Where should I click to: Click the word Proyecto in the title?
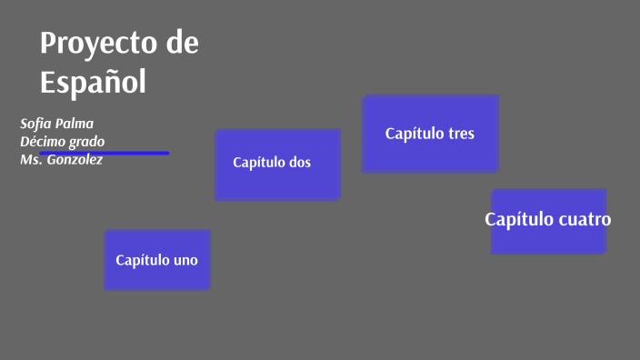[x=96, y=44]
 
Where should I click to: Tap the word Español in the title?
[x=93, y=82]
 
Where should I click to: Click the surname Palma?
[x=76, y=124]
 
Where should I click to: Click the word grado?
[x=86, y=142]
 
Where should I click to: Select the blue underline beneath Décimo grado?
[x=136, y=153]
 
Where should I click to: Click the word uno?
[x=185, y=260]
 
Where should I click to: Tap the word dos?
[x=299, y=163]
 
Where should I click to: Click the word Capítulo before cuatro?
[x=518, y=219]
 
